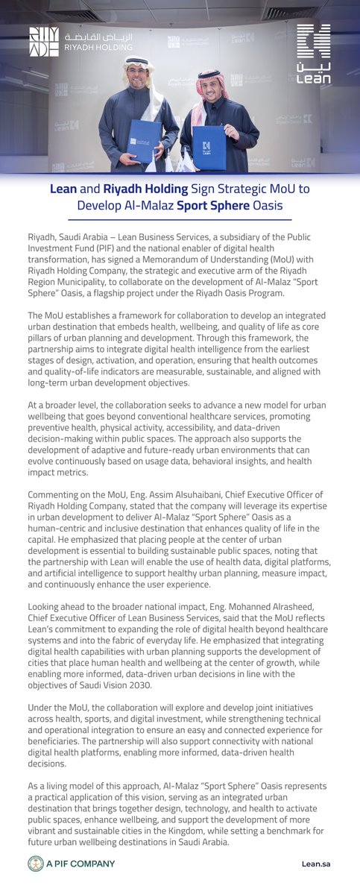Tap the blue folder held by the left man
[143, 139]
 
